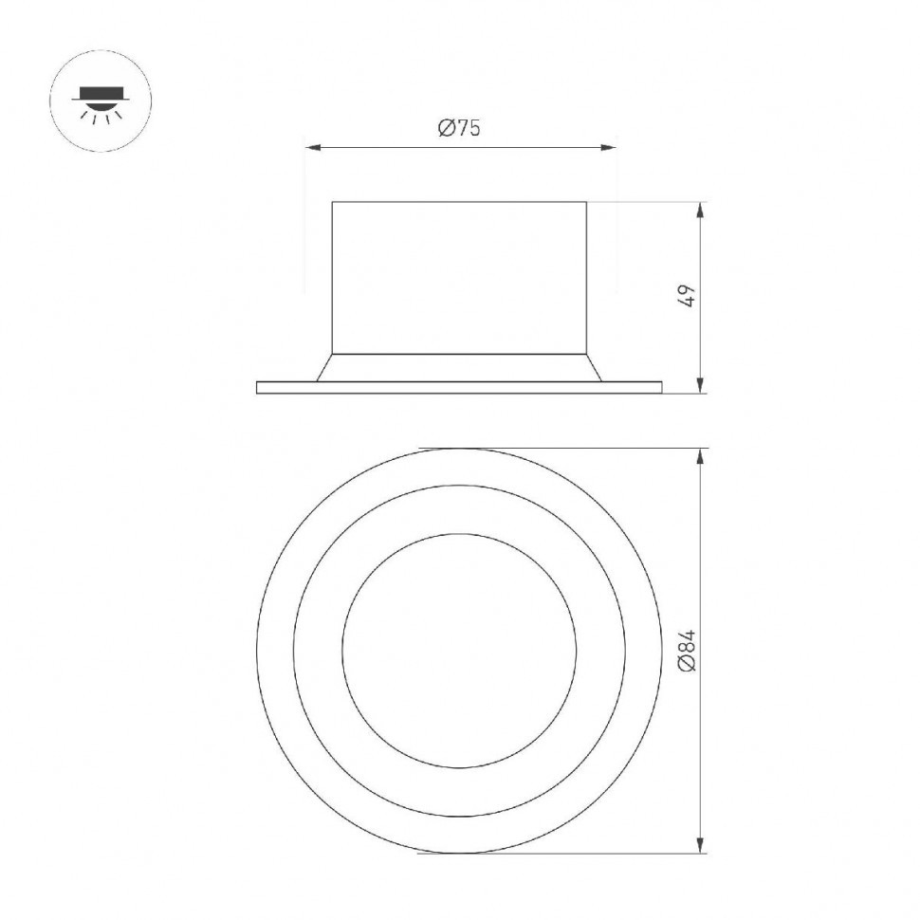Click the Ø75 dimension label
click(x=459, y=129)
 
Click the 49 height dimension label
click(x=690, y=295)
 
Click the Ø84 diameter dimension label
click(x=690, y=651)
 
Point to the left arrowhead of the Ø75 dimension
click(x=310, y=147)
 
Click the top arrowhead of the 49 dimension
click(x=700, y=209)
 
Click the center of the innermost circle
click(x=459, y=651)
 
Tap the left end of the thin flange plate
click(x=259, y=387)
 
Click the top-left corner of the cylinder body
click(x=332, y=202)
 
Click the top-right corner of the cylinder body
click(x=586, y=202)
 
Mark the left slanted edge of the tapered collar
click(x=324, y=368)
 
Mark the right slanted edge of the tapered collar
click(x=594, y=368)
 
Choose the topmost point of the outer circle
click(x=459, y=449)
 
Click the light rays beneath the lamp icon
click(x=100, y=115)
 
